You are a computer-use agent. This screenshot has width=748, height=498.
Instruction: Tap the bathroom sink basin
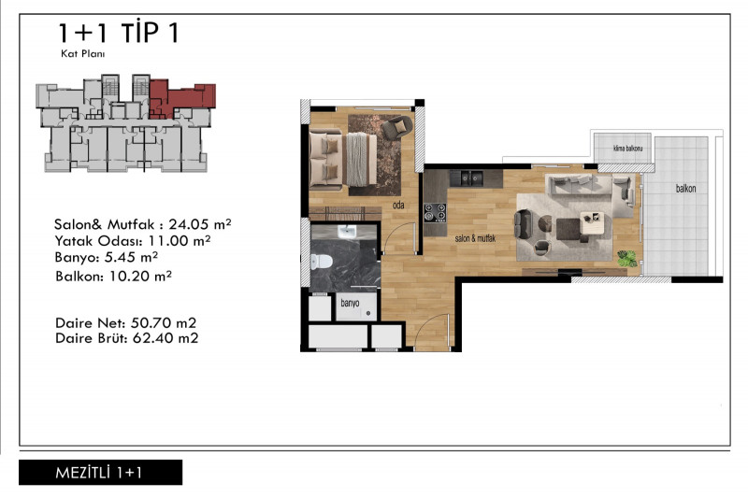(347, 232)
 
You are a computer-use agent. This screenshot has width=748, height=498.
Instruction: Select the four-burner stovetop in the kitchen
(435, 212)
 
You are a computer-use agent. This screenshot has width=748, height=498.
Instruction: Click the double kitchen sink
(467, 178)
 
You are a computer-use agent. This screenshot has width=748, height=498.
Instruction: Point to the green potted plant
(626, 258)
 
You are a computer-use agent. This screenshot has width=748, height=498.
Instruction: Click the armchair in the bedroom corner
(396, 127)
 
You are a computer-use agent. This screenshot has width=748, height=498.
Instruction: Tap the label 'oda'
(398, 205)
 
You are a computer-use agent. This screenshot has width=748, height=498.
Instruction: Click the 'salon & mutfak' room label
(475, 238)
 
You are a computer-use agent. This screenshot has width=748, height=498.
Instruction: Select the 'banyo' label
(350, 303)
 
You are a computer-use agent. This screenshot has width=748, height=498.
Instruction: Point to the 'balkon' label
(685, 189)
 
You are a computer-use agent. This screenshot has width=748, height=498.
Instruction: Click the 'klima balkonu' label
(627, 149)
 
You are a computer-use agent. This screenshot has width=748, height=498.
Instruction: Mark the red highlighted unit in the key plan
(181, 99)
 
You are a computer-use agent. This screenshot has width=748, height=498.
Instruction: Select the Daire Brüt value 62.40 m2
(165, 338)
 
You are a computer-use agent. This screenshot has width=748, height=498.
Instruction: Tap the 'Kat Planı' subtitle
(82, 54)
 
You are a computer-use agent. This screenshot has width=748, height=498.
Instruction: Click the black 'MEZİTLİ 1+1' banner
(100, 472)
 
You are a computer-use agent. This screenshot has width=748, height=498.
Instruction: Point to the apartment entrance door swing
(432, 332)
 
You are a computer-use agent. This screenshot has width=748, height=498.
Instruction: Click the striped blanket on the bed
(361, 159)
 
